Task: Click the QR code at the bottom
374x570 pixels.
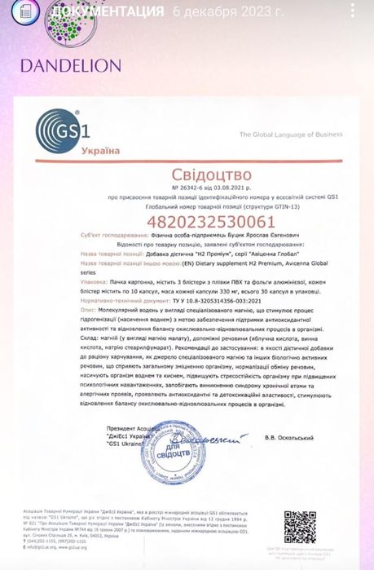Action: [x=300, y=527]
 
